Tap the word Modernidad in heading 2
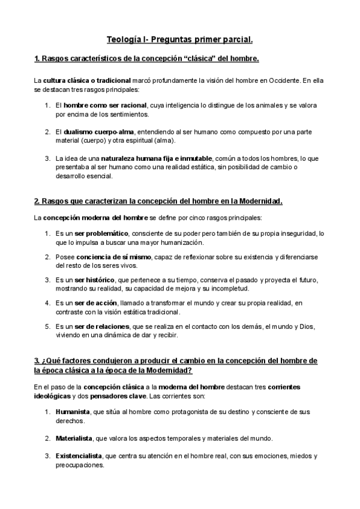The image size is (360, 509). click(260, 200)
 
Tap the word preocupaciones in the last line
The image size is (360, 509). click(79, 465)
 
